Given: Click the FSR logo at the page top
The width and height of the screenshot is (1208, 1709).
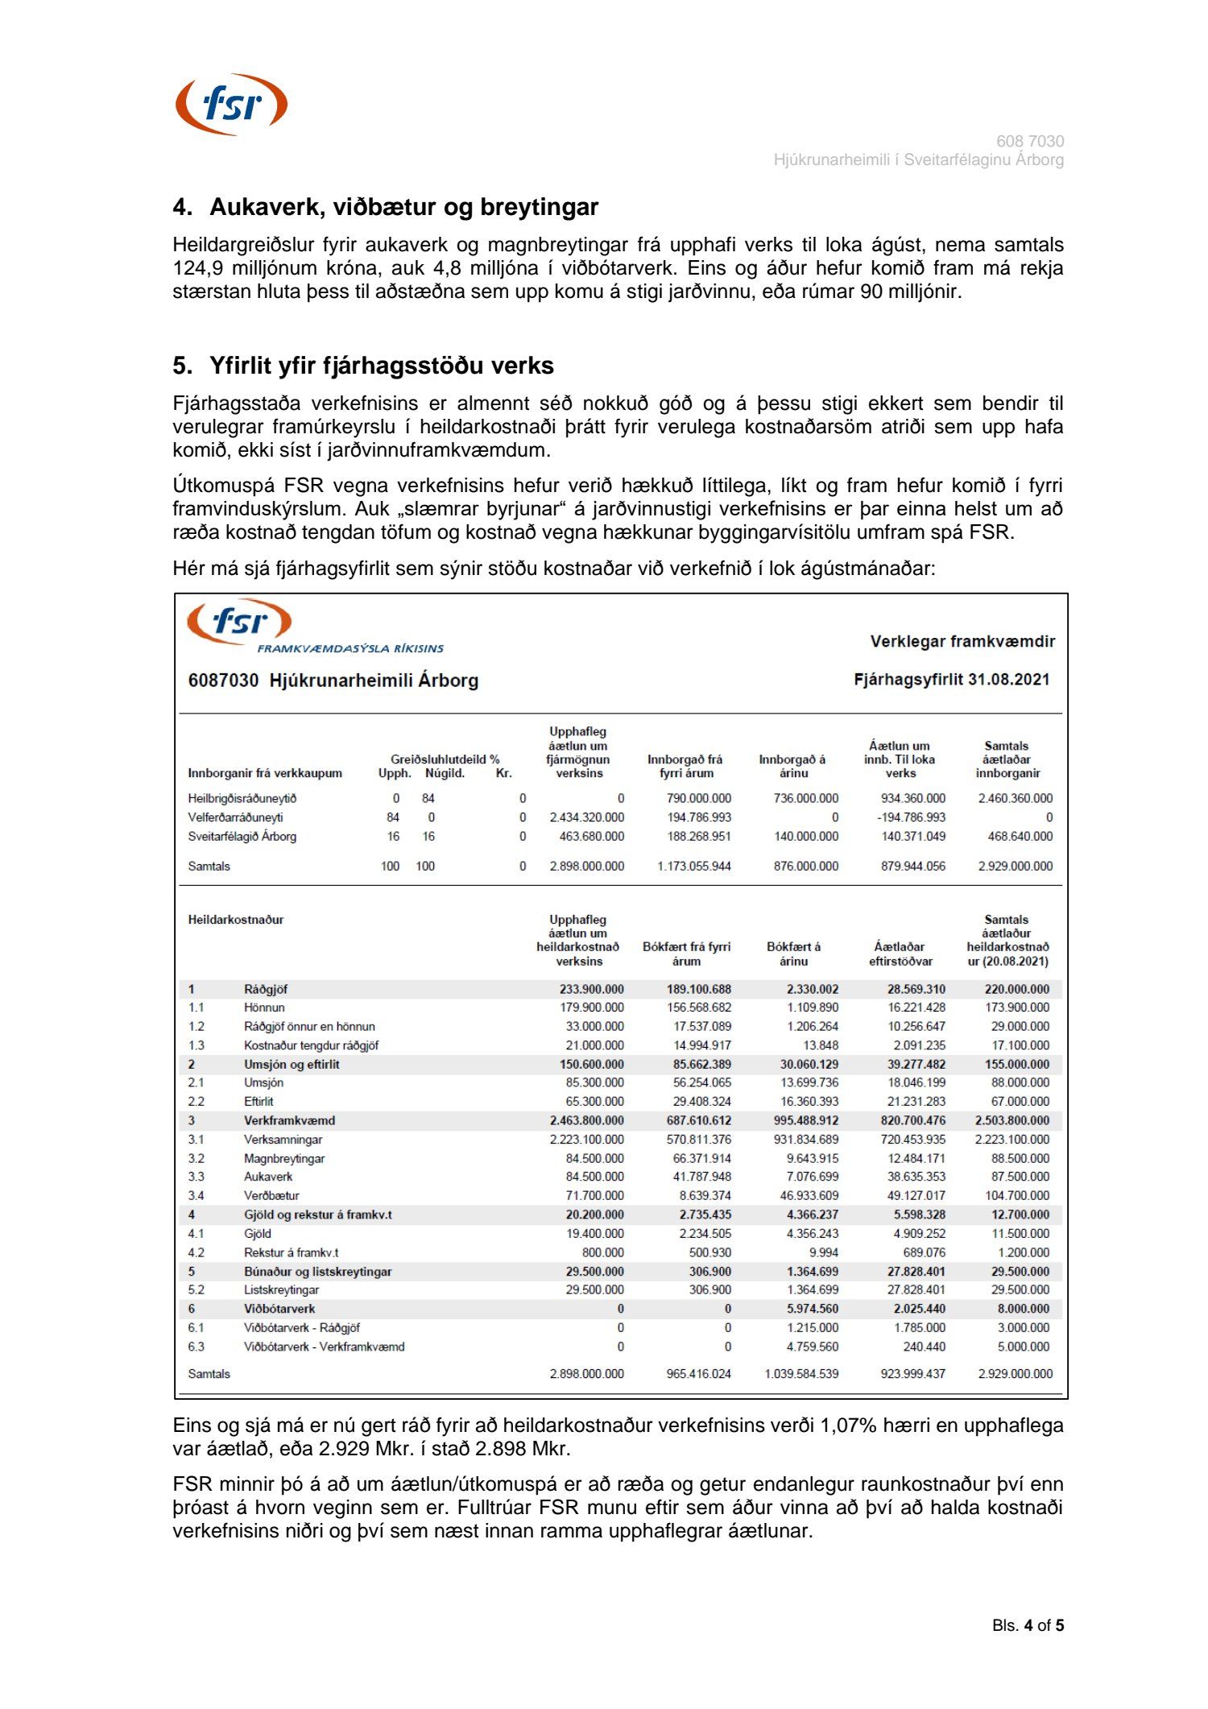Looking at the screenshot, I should [x=231, y=105].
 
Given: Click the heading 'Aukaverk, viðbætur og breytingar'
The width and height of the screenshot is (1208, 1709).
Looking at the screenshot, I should [x=403, y=207].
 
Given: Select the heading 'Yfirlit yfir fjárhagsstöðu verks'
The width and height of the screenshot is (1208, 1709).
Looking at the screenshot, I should [x=381, y=366].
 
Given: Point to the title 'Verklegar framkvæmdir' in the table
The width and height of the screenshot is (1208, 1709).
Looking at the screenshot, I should [x=962, y=641].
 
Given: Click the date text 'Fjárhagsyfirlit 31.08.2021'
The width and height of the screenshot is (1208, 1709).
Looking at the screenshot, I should [x=951, y=679].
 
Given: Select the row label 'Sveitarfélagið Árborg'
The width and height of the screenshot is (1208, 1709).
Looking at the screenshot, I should [x=242, y=836].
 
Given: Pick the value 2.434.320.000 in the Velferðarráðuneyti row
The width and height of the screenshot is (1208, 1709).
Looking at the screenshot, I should [x=586, y=817].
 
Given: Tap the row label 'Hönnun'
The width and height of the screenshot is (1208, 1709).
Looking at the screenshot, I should [x=264, y=1008].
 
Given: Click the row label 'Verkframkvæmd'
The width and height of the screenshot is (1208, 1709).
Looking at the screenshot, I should [x=289, y=1120].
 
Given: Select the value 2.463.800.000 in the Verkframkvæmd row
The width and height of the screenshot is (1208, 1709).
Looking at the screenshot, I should [x=586, y=1120].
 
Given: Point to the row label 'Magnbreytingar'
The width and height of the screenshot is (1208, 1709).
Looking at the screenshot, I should [x=284, y=1158].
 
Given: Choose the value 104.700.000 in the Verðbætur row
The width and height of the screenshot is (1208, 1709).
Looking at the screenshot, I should [x=1016, y=1196].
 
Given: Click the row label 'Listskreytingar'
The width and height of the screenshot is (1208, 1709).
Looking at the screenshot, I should [x=281, y=1290].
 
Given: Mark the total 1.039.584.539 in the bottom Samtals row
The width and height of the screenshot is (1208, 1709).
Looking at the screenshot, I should [x=801, y=1374].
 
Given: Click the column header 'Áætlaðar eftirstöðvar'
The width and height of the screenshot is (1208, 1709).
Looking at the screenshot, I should [x=900, y=954].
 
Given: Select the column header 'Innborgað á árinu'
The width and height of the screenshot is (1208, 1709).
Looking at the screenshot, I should [x=792, y=766].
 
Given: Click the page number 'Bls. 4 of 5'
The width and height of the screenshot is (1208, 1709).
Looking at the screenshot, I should [x=1028, y=1626].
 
